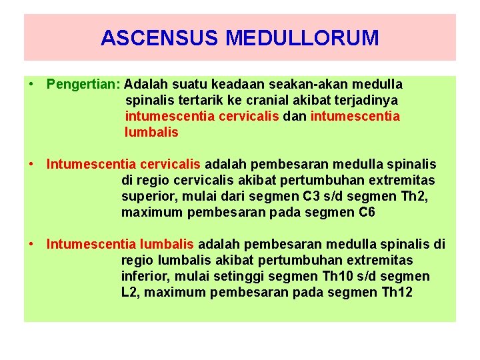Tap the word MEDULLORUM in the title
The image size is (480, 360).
(x=302, y=38)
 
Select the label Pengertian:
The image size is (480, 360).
(x=83, y=85)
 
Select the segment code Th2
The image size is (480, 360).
(x=419, y=197)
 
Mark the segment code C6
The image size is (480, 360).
(x=367, y=213)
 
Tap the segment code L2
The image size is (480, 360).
(x=131, y=292)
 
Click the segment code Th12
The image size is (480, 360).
(x=397, y=292)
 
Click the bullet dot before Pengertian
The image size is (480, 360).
(x=32, y=85)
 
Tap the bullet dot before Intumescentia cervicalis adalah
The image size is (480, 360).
(x=32, y=164)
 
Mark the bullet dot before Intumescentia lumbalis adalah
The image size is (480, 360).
(x=32, y=244)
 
